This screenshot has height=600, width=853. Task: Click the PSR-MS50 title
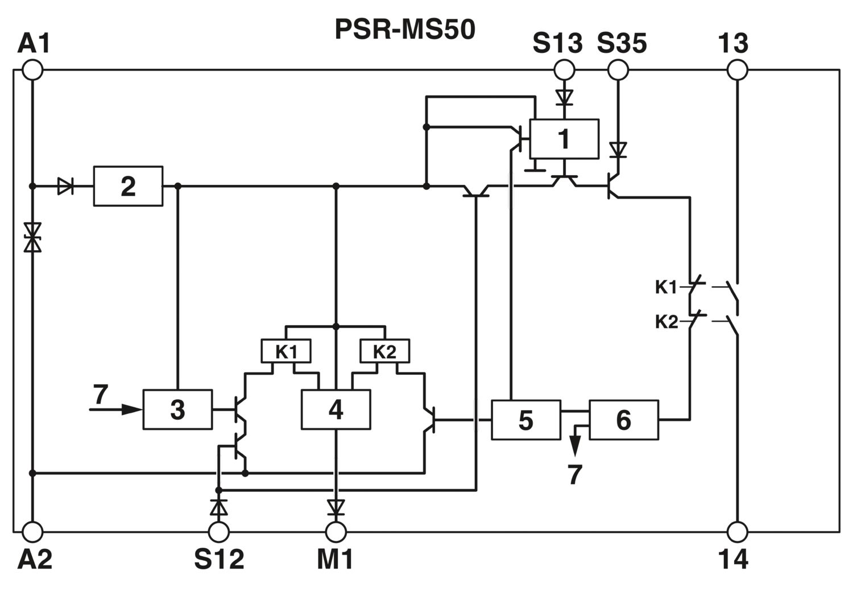tap(405, 30)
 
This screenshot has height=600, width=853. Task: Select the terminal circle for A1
tap(33, 70)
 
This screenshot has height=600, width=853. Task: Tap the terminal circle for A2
tap(33, 532)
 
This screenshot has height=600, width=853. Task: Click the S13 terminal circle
tap(564, 70)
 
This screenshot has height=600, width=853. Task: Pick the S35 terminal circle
tap(618, 70)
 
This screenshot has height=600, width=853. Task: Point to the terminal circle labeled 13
tap(737, 70)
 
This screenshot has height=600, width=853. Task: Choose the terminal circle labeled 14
tap(737, 532)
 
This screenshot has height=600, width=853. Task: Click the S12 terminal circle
tap(219, 532)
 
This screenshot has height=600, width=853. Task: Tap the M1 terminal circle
tap(336, 532)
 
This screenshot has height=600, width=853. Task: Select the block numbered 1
tap(564, 139)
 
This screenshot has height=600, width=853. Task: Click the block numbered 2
tap(129, 187)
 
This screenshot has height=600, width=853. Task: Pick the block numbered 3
tap(177, 409)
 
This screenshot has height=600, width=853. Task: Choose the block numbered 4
tap(336, 409)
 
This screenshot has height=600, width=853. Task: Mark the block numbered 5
tap(526, 420)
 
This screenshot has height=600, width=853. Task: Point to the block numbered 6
tap(624, 420)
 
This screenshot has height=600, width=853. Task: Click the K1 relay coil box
tap(286, 351)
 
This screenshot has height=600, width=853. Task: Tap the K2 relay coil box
tap(385, 351)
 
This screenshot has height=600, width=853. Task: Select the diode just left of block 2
tap(65, 187)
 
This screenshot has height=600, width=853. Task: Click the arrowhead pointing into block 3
tap(132, 409)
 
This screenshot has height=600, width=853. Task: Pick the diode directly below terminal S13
tap(564, 97)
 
